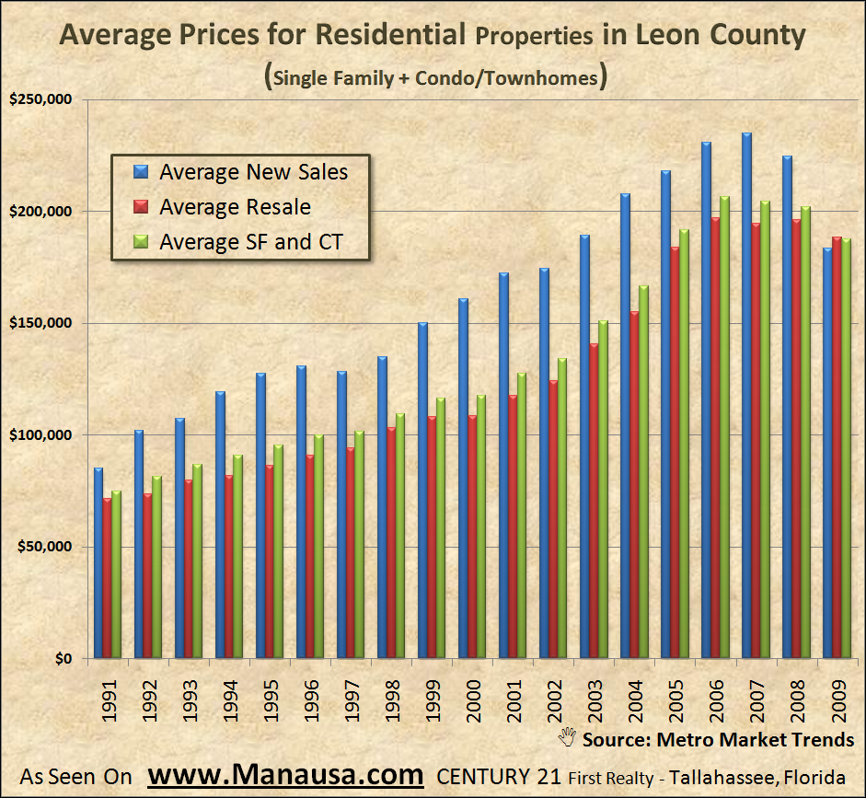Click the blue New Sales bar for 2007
coord(746,396)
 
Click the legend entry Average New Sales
coord(253,172)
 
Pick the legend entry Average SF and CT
coord(250,243)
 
